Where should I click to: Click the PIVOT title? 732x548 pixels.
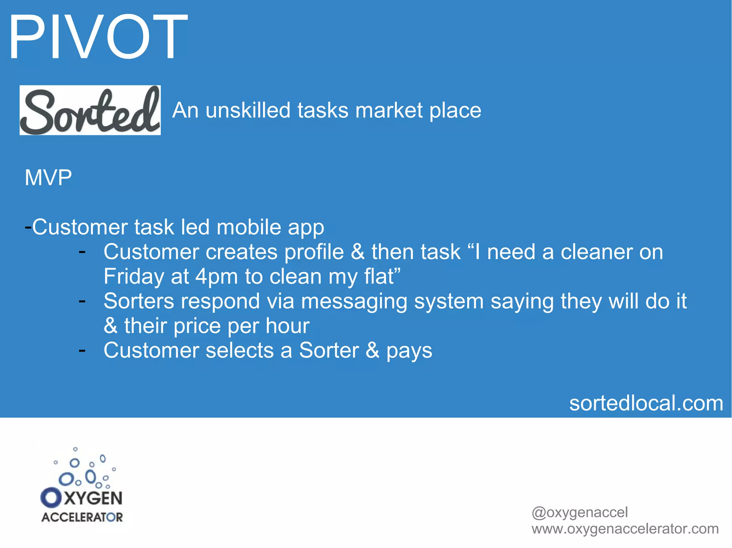[x=98, y=37]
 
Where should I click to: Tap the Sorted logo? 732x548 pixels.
[x=90, y=110]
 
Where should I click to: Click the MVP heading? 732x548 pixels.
[x=48, y=177]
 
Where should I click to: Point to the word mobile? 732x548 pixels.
[x=249, y=227]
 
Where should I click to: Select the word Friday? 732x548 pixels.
[x=134, y=276]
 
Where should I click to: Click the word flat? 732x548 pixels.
[x=379, y=276]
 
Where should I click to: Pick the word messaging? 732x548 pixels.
[x=354, y=302]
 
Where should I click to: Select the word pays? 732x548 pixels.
[x=409, y=351]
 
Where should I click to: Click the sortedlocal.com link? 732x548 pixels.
[x=646, y=403]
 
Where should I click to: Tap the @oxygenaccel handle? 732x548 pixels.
[x=579, y=512]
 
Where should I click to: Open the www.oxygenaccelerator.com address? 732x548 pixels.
[x=625, y=529]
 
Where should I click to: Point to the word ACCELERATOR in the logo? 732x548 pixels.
[x=82, y=517]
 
